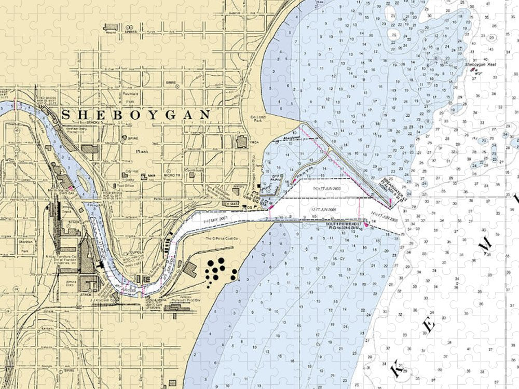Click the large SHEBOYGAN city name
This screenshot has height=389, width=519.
136,115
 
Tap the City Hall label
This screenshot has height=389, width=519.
128,171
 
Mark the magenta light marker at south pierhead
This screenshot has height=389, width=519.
366,225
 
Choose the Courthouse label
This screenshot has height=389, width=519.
193,170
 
